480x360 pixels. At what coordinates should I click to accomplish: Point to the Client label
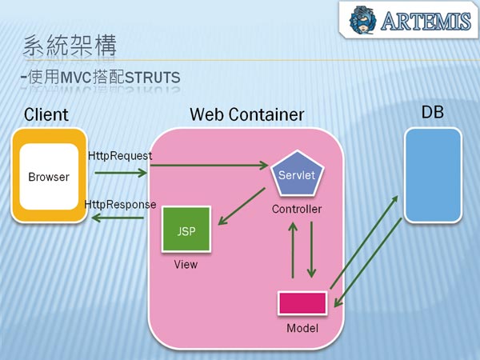(x=46, y=114)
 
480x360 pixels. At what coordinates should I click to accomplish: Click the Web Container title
(x=246, y=114)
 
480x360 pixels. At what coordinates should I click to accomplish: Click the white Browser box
(x=49, y=177)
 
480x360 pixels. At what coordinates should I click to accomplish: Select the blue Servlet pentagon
(x=297, y=174)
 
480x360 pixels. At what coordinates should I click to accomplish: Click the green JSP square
(x=186, y=230)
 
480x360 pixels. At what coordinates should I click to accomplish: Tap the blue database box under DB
(x=433, y=174)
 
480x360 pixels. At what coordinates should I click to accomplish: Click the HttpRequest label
(x=119, y=155)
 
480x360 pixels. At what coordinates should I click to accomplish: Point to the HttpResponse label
(x=120, y=205)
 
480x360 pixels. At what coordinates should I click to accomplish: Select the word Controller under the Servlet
(x=297, y=210)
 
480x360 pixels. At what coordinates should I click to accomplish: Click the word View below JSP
(x=186, y=264)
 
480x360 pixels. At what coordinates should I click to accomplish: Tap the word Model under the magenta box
(x=302, y=328)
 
